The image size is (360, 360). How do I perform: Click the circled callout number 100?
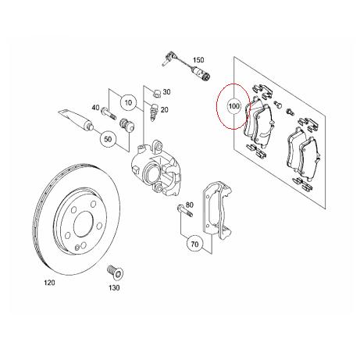tap(233, 105)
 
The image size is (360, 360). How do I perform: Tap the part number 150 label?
tap(198, 60)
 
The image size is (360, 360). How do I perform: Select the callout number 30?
tap(166, 92)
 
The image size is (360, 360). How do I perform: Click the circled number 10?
tap(128, 102)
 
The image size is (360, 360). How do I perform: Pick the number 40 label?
tap(94, 109)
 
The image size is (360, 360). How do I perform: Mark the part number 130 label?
tap(116, 288)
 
